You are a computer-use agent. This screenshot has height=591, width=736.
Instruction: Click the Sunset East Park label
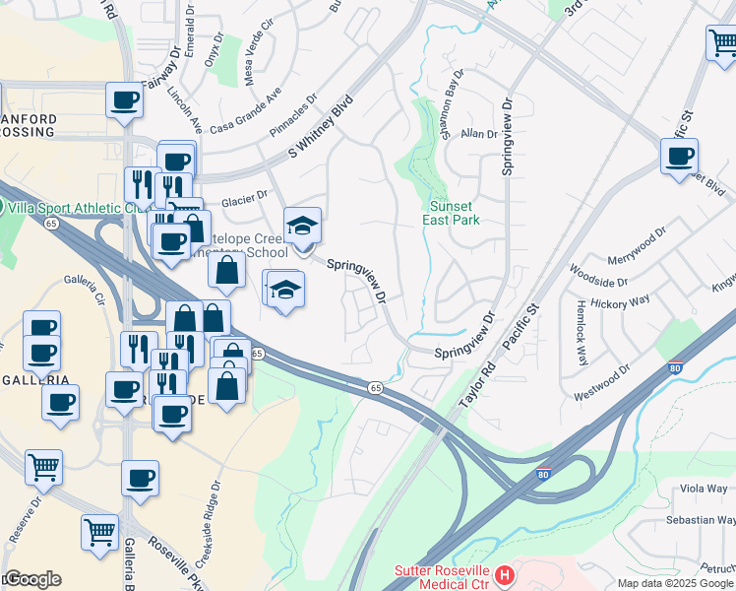(454, 213)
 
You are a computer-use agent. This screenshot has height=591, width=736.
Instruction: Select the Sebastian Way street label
(699, 519)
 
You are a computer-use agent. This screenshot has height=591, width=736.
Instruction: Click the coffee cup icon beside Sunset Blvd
(679, 157)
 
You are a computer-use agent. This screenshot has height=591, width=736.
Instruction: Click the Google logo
(31, 579)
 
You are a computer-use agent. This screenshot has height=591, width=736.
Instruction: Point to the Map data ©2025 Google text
(674, 583)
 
